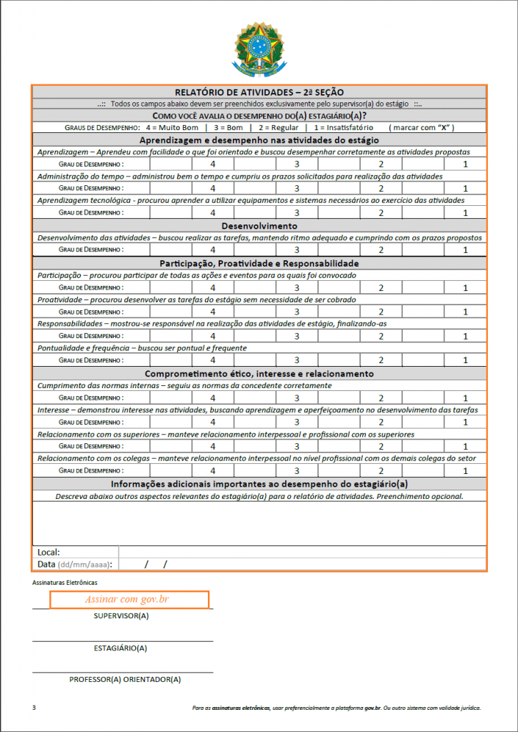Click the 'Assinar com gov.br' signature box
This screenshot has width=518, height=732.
129,599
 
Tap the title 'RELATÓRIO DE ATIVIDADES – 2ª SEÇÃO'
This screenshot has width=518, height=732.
259,91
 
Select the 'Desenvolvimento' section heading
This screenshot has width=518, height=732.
259,226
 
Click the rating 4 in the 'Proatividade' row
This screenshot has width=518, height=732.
213,312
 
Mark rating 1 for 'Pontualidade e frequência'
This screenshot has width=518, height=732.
465,360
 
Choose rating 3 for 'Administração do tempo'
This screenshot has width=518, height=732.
297,188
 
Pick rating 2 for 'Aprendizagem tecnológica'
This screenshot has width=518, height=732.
382,213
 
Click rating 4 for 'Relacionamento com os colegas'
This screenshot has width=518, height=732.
213,470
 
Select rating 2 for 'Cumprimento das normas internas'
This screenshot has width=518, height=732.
382,398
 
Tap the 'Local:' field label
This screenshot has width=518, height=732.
49,552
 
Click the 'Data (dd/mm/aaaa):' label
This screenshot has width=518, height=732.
75,564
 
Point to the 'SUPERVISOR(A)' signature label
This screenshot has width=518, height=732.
121,615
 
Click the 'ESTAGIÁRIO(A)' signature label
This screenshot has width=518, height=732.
121,648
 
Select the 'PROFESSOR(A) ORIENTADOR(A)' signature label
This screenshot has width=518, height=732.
125,679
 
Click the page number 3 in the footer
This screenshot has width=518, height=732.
34,708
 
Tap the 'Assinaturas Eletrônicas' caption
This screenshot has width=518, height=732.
65,583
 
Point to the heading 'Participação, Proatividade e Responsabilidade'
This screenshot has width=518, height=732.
259,263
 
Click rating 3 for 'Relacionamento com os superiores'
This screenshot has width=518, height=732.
297,446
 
